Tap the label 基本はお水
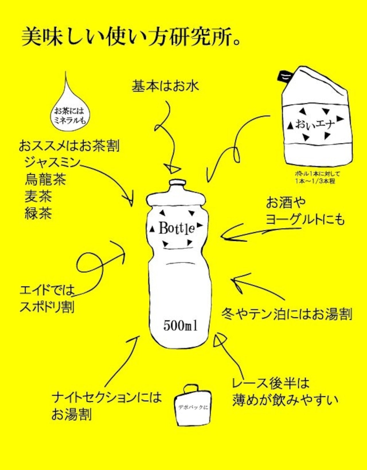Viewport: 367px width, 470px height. pyautogui.click(x=165, y=86)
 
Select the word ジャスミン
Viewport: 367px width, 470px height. pyautogui.click(x=52, y=163)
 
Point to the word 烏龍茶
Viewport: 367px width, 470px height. pyautogui.click(x=45, y=180)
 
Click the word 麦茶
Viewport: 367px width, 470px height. pyautogui.click(x=38, y=196)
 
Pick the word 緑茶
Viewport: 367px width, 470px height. pyautogui.click(x=38, y=213)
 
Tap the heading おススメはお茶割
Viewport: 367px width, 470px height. pyautogui.click(x=69, y=146)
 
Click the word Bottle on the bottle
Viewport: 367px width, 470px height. pyautogui.click(x=177, y=228)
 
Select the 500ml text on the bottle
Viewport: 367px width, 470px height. pyautogui.click(x=180, y=325)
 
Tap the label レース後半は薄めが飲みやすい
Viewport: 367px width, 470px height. pyautogui.click(x=285, y=392)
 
